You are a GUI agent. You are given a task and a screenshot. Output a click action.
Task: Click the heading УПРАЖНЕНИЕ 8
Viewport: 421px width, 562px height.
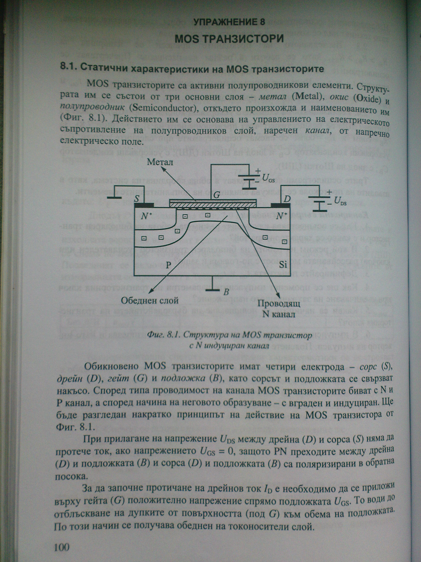click(229, 22)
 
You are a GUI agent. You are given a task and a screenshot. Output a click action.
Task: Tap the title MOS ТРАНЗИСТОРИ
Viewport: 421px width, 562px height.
click(229, 39)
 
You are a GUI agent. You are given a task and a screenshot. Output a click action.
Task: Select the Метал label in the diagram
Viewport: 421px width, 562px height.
click(160, 162)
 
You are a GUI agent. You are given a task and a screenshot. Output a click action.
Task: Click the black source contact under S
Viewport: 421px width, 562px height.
click(144, 205)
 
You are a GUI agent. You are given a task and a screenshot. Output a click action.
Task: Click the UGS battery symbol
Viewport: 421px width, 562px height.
click(249, 180)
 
